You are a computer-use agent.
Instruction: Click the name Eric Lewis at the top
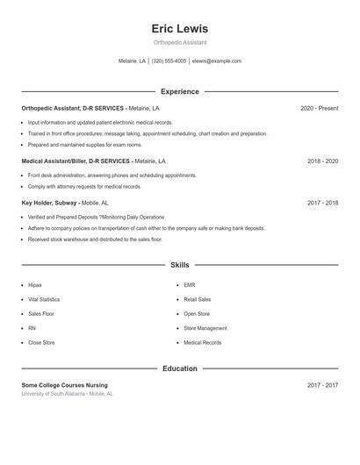[179, 29]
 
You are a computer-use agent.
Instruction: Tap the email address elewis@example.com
[216, 61]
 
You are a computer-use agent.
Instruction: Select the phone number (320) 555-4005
[169, 61]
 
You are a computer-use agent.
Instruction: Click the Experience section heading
[179, 91]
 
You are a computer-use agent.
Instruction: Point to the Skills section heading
[179, 264]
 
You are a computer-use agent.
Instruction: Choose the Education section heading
[179, 368]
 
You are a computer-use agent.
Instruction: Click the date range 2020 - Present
[319, 108]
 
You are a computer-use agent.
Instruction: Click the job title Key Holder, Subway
[49, 203]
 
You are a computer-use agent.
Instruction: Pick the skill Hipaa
[35, 285]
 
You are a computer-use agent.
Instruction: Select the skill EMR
[190, 285]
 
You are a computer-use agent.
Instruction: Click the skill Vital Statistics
[44, 299]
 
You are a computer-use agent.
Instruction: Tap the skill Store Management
[205, 328]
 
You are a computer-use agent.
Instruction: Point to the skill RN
[32, 328]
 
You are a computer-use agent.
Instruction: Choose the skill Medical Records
[202, 343]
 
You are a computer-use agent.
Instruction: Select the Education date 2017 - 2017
[322, 385]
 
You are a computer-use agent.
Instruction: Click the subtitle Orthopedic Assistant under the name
[179, 42]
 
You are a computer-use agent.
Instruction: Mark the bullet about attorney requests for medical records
[84, 186]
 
